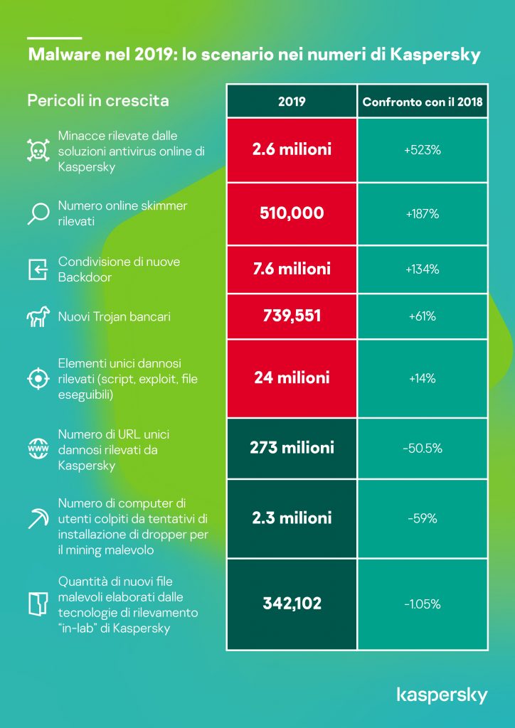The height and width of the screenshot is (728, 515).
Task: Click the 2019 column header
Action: click(x=292, y=102)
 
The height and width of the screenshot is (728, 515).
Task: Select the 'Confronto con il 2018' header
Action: click(x=423, y=102)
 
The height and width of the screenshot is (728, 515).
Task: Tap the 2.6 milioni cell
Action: click(x=292, y=150)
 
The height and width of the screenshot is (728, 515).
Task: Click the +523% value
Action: click(x=423, y=150)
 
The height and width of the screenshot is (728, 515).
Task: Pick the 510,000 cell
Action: click(x=292, y=213)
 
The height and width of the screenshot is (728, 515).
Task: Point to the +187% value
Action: click(x=423, y=213)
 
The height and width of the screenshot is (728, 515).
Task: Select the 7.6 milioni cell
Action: click(x=292, y=269)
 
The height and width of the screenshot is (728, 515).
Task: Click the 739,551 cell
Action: click(x=292, y=316)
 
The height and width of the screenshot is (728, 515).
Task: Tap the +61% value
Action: click(x=423, y=316)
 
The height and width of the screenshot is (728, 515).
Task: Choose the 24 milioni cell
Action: click(x=292, y=378)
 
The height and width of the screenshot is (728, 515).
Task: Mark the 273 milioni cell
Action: click(x=292, y=448)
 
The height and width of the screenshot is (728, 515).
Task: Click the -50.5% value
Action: click(x=423, y=448)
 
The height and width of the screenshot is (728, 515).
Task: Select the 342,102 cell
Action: click(x=292, y=604)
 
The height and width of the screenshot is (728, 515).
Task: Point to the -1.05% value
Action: click(x=423, y=604)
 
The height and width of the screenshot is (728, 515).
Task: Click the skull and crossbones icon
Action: click(x=37, y=151)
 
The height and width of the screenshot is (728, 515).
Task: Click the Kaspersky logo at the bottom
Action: click(x=442, y=694)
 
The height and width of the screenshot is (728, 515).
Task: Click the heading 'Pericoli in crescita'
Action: click(x=98, y=100)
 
